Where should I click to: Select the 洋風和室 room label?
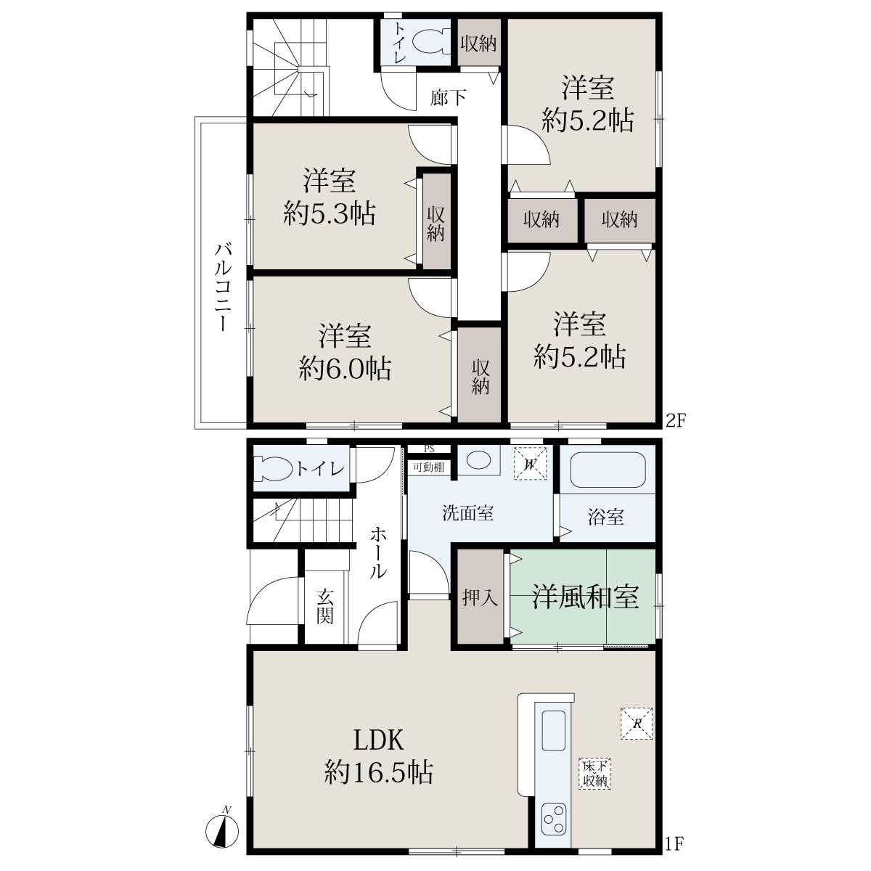[585, 597]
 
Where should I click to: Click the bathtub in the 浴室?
[608, 470]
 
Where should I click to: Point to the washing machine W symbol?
[530, 463]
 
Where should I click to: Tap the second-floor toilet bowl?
[428, 44]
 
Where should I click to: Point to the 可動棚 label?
[428, 467]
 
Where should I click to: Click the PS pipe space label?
[429, 449]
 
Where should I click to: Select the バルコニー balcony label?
[222, 287]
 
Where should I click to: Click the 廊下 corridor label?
[448, 97]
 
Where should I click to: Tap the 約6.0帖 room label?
[345, 369]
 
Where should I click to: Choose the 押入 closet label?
[480, 598]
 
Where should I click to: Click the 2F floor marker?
[676, 421]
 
